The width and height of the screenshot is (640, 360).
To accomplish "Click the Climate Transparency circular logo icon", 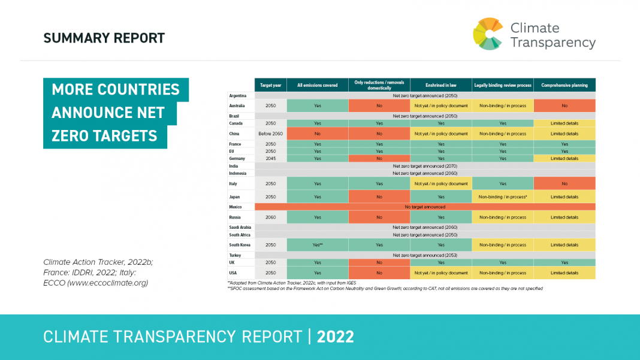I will [487, 34].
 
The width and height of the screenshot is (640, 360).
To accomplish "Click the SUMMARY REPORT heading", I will [104, 38].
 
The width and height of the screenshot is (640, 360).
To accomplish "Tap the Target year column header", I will [271, 85].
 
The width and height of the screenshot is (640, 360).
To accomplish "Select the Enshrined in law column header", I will [440, 85].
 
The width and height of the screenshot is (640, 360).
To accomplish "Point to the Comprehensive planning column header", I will [564, 85].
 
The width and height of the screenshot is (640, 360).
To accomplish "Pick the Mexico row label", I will [236, 207].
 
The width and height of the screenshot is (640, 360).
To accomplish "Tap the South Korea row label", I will [240, 245].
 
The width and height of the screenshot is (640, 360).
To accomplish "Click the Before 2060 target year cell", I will [271, 134].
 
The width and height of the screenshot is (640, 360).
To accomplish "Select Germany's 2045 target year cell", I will [271, 159].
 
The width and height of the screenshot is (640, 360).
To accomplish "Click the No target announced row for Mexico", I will [425, 207].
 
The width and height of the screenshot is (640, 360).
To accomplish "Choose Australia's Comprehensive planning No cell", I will [564, 105].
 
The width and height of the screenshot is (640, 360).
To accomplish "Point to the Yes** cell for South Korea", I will [318, 245].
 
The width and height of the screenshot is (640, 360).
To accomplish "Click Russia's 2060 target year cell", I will [271, 217].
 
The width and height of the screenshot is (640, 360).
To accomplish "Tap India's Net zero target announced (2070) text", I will [425, 166].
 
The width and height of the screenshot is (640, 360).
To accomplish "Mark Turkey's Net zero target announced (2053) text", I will [425, 255].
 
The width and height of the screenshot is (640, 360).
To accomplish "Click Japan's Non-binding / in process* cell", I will [503, 196].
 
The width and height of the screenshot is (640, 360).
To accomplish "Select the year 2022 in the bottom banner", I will [336, 337].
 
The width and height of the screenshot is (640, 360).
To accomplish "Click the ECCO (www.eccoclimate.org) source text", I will [96, 283].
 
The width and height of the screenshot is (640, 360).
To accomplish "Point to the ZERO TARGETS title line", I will [105, 136].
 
